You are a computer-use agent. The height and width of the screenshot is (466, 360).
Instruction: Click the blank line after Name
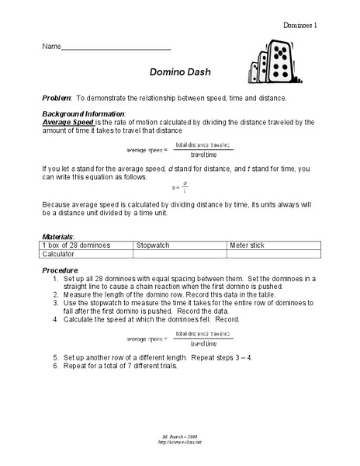point(116,47)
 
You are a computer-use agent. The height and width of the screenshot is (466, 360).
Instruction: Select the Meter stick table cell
point(247,245)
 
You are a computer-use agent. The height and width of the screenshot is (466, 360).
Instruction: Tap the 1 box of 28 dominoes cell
point(76,245)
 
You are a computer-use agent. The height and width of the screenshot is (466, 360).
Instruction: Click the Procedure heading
point(59,269)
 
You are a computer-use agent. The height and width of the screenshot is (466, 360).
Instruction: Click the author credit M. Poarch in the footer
point(179,438)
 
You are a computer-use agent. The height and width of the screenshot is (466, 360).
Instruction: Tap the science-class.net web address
point(179,444)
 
